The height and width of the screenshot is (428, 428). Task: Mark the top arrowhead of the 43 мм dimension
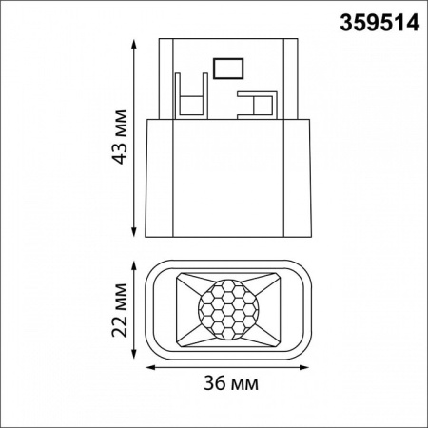tap(130, 42)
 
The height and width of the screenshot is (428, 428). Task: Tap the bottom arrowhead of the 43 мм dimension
tap(130, 235)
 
